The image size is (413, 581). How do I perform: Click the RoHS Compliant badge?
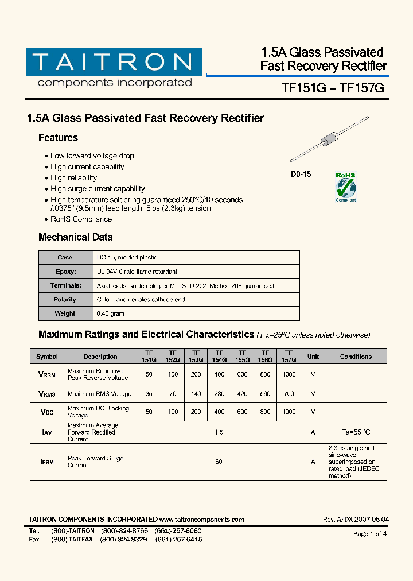click(345, 187)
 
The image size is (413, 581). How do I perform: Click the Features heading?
click(58, 138)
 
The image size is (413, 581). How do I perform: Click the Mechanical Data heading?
click(75, 237)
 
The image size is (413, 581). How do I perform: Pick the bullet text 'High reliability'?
click(73, 178)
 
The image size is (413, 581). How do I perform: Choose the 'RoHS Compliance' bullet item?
click(81, 219)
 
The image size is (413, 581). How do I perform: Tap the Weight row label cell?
click(65, 313)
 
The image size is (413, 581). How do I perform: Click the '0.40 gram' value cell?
click(111, 313)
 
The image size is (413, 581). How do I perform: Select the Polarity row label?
click(65, 300)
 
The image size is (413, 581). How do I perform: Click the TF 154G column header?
click(219, 357)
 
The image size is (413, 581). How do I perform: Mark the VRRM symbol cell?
click(46, 374)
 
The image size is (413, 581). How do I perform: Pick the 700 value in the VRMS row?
click(289, 394)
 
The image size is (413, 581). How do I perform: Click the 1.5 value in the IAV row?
click(219, 432)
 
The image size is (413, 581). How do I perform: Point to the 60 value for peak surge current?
click(219, 462)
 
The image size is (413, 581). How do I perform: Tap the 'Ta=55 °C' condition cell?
click(356, 432)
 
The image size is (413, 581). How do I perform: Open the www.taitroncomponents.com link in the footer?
click(202, 520)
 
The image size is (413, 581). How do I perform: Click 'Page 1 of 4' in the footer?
click(370, 534)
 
